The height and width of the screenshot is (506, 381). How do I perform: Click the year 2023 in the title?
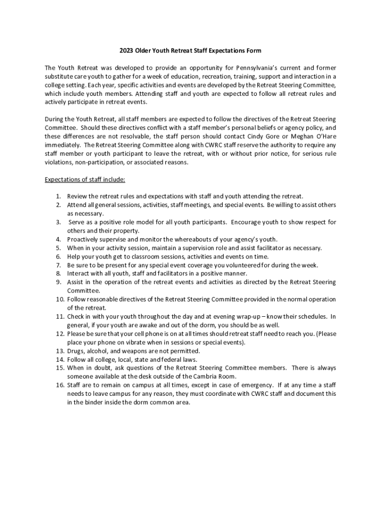coord(127,50)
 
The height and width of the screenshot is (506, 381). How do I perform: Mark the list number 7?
coord(58,265)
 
